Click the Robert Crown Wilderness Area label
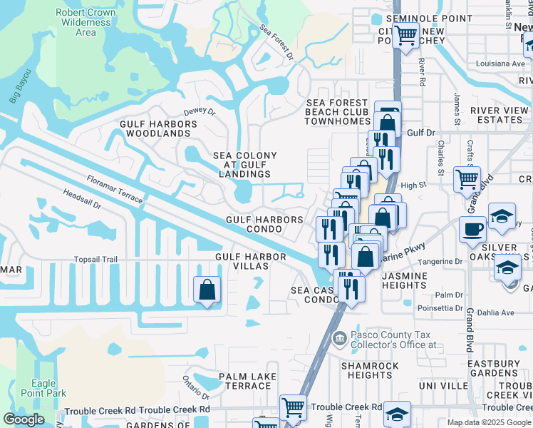[86, 22]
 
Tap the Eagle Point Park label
[43, 388]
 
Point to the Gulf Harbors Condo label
[264, 225]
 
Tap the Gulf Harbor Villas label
[242, 260]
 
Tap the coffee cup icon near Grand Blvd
[472, 230]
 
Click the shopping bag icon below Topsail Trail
[207, 290]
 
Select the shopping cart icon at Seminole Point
[405, 34]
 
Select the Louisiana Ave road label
[500, 63]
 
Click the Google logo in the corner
[24, 419]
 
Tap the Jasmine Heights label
[404, 280]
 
